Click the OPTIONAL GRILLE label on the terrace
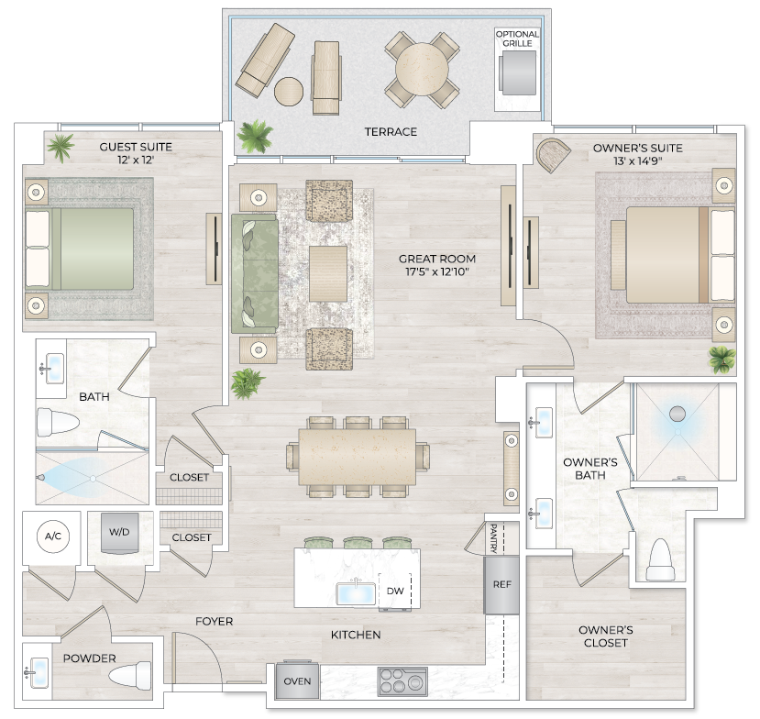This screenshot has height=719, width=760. pos(517,39)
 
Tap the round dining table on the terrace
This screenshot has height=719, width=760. pos(422,69)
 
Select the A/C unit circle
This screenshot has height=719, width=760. pos(49,536)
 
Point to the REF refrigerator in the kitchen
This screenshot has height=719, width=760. pos(501,584)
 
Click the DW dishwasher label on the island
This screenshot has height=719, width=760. pos(395,592)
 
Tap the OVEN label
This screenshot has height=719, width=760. pos(296,681)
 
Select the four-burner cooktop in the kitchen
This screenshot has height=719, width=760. pos(402,682)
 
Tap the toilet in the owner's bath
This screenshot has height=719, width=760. pos(660,559)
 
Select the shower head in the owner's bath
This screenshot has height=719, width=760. pos(678,414)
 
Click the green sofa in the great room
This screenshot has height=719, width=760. pos(254,273)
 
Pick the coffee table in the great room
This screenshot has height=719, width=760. pos(328,273)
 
